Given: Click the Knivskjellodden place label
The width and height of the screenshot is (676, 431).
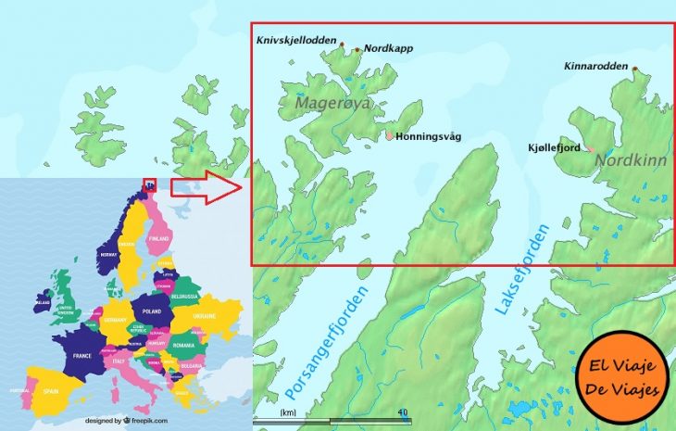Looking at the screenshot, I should tap(296, 40).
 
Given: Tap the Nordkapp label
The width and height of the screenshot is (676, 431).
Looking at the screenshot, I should tap(388, 48).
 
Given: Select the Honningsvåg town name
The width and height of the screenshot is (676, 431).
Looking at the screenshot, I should tap(428, 136).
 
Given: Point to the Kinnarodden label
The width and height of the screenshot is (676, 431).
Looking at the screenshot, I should tap(595, 67).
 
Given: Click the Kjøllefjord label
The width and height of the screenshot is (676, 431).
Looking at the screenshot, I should tap(554, 147).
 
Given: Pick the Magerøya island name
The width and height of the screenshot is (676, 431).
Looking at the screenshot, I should tap(332, 104).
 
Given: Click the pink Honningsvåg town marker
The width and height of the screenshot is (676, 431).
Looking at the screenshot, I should tap(390, 135).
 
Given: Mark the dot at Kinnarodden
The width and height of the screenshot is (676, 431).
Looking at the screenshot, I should tap(635, 68).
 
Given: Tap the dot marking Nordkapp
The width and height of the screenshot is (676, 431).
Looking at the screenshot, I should tap(357, 49).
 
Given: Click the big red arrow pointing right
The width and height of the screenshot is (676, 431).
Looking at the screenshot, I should tap(205, 187).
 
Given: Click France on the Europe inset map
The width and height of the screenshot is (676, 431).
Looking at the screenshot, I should tap(81, 356).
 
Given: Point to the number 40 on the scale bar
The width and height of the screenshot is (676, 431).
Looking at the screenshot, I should tap(401, 412).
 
